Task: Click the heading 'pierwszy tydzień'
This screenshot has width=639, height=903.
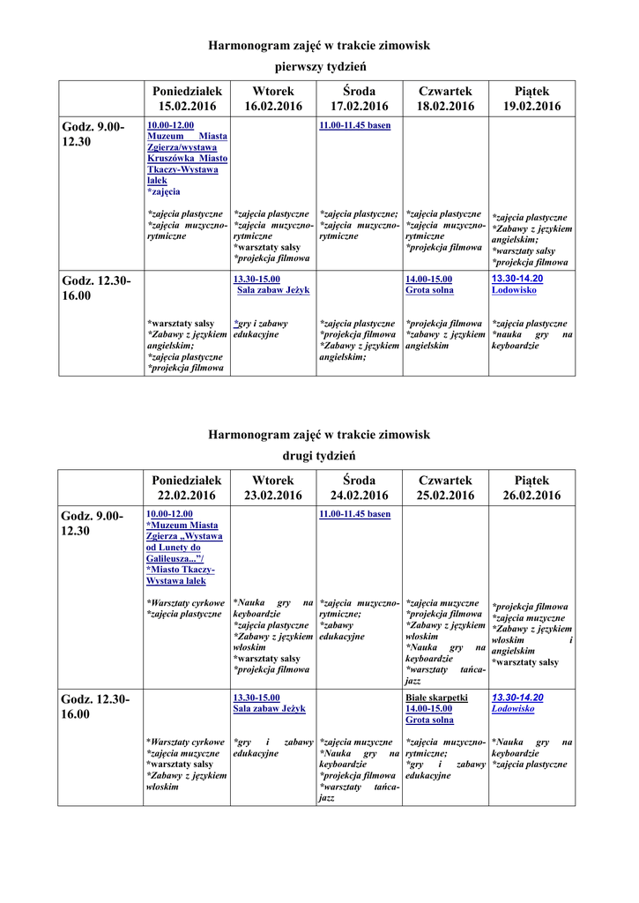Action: [x=319, y=67]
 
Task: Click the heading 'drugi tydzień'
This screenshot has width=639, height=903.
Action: [x=318, y=456]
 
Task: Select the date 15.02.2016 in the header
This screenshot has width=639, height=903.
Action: [x=187, y=107]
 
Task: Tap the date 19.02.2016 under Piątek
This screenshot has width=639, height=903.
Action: [x=531, y=107]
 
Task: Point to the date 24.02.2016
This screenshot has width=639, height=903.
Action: [x=359, y=496]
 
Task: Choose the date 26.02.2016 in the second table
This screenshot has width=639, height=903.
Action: [x=531, y=496]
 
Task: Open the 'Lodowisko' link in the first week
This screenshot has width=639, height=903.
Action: [x=514, y=290]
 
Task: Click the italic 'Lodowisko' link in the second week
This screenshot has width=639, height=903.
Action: [x=513, y=709]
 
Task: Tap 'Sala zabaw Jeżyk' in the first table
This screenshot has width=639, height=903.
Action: [x=273, y=290]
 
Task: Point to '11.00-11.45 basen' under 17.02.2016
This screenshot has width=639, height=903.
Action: [x=354, y=126]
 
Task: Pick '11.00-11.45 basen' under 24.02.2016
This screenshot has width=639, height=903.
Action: [x=354, y=514]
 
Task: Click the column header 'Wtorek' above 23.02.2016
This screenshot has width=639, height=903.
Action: [x=272, y=481]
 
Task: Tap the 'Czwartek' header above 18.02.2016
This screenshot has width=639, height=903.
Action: [x=445, y=92]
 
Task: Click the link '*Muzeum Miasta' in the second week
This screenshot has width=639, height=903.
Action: [x=186, y=526]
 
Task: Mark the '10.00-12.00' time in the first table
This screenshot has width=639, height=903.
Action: [x=170, y=126]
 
